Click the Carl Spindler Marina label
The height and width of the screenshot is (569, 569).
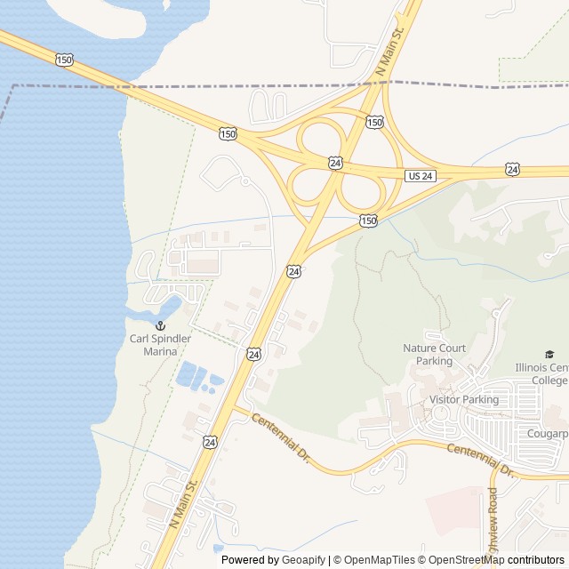coord(160,345)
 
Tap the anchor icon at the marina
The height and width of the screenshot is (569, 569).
coord(161,326)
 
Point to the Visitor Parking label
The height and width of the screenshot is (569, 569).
coord(464,399)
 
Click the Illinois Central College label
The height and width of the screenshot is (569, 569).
coord(541,373)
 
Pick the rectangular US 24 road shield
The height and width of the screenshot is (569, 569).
coord(421,176)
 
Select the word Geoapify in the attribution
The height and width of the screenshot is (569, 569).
coord(304,560)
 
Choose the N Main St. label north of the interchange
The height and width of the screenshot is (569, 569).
coord(389,50)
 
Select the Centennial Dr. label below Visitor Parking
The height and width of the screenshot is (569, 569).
coord(481,460)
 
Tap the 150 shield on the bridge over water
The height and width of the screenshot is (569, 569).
coord(64,60)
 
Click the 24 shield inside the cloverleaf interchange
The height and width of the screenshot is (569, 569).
coord(335,163)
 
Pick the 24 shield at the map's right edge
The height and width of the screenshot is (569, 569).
coord(513,169)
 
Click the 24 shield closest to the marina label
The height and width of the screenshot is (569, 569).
coord(254,354)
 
